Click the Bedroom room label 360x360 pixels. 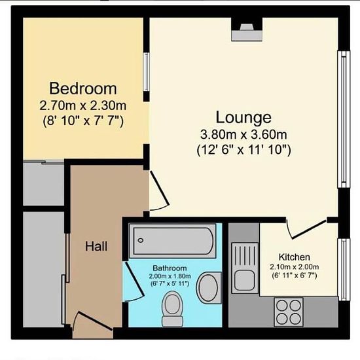pos(83,88)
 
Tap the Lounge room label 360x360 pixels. pos(243,118)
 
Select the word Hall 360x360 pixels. pos(96,246)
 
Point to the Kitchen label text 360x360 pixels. pos(295,257)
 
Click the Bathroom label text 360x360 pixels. pos(170,268)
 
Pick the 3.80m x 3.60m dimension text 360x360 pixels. pos(243,135)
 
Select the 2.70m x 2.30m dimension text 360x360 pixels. pos(83,105)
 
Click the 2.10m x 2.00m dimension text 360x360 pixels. pos(295,267)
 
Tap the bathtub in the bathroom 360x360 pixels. pos(173,241)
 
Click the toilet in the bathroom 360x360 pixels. pos(172,309)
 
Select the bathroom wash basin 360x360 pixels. pos(208,288)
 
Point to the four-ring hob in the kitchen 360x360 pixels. pos(289,312)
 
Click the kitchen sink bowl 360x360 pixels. pos(245,280)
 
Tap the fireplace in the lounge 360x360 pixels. pos(247,29)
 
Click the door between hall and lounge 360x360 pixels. pos(159,190)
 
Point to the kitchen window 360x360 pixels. pos(344,270)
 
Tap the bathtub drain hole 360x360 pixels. pos(141,240)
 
